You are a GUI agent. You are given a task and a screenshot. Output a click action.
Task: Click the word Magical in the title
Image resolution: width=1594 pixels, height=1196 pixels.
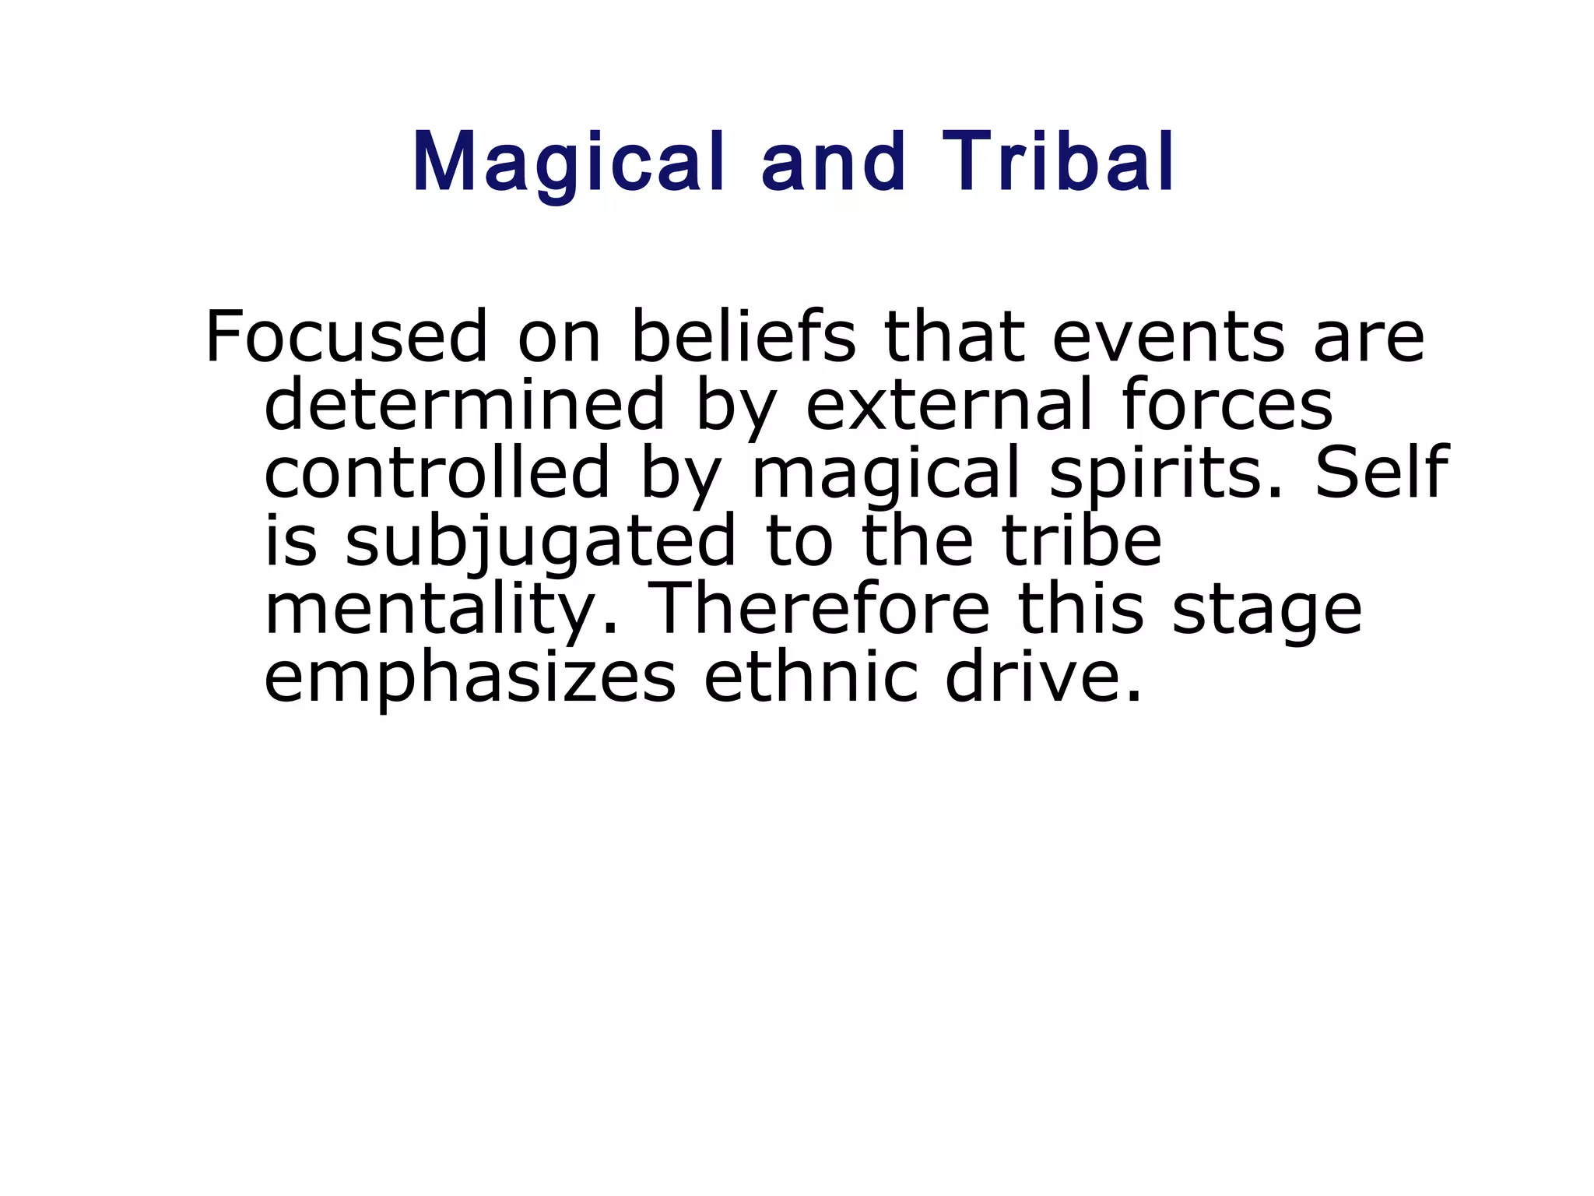568,164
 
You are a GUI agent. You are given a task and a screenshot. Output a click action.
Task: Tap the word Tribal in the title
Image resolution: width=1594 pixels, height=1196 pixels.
1059,164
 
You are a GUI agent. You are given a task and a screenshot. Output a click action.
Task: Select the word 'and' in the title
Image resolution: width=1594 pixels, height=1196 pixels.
834,164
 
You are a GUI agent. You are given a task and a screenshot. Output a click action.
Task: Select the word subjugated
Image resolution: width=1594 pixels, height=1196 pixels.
540,543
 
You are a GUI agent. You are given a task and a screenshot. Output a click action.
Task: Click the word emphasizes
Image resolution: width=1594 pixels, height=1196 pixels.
470,677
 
